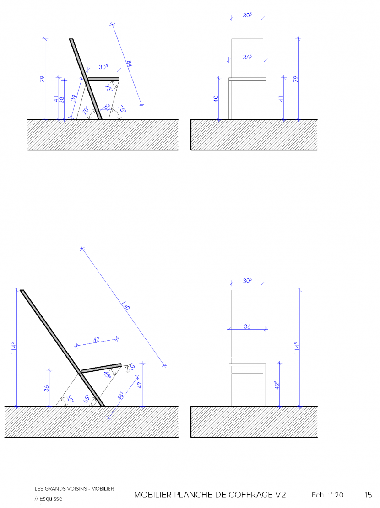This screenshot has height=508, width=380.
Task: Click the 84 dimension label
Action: click(x=130, y=64)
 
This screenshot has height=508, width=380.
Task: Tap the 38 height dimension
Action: click(x=62, y=99)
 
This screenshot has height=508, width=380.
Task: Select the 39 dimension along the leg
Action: click(x=73, y=98)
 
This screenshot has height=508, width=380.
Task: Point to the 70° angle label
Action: click(x=86, y=111)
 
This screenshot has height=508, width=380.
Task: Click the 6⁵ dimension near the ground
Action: click(x=107, y=107)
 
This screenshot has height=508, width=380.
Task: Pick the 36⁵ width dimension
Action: click(x=247, y=58)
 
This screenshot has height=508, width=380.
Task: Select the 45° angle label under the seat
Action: click(x=107, y=374)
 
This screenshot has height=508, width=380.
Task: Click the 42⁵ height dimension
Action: click(x=277, y=385)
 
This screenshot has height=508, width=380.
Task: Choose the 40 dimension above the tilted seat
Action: click(x=96, y=339)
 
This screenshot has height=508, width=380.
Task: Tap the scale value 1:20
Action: click(x=336, y=495)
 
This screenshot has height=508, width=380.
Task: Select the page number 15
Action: click(x=368, y=495)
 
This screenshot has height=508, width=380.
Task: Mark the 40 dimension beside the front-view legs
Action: click(x=216, y=99)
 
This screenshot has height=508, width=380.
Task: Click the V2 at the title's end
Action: click(x=281, y=495)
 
